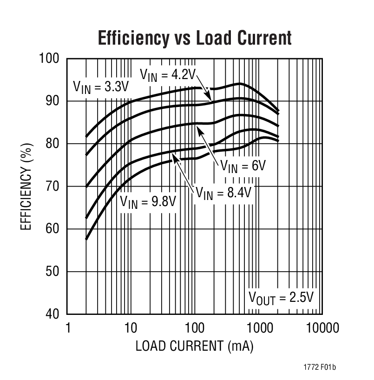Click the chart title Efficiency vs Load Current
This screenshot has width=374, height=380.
coord(195,38)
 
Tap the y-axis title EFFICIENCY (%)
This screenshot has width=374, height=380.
coord(26,187)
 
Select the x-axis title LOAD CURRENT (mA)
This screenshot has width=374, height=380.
coord(194,347)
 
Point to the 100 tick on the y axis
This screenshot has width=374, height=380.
coord(50,59)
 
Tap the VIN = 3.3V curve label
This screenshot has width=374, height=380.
coord(100,87)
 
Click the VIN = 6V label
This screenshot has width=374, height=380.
coord(242,166)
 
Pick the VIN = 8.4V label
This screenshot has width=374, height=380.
coord(223,192)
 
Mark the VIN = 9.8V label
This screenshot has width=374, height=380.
coord(148,201)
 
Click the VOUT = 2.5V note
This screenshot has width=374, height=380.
coord(281,297)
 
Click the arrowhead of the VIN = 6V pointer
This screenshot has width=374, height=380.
coord(199,130)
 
